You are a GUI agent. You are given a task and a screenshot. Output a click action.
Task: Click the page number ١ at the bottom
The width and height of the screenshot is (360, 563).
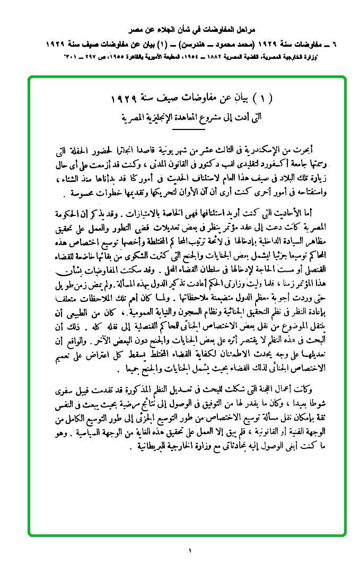click(189, 551)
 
